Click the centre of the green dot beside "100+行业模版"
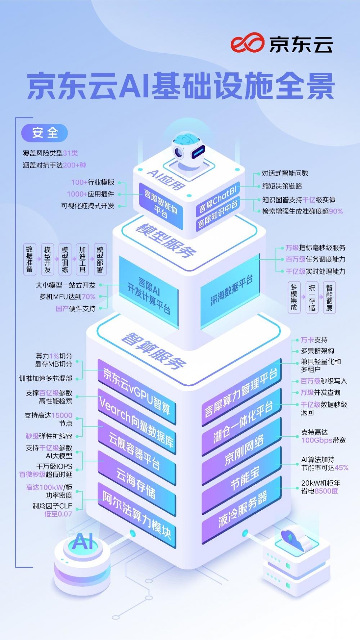[x=120, y=183]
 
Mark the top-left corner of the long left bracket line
[x=15, y=117]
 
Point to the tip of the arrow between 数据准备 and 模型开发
[x=39, y=259]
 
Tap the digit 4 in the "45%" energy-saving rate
[x=337, y=468]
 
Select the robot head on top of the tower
[x=188, y=148]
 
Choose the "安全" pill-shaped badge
[x=45, y=133]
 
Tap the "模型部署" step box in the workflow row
[x=100, y=259]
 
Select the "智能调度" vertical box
[x=329, y=297]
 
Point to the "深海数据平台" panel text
[x=231, y=290]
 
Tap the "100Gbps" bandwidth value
[x=316, y=440]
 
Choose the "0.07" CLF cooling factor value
[x=64, y=514]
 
